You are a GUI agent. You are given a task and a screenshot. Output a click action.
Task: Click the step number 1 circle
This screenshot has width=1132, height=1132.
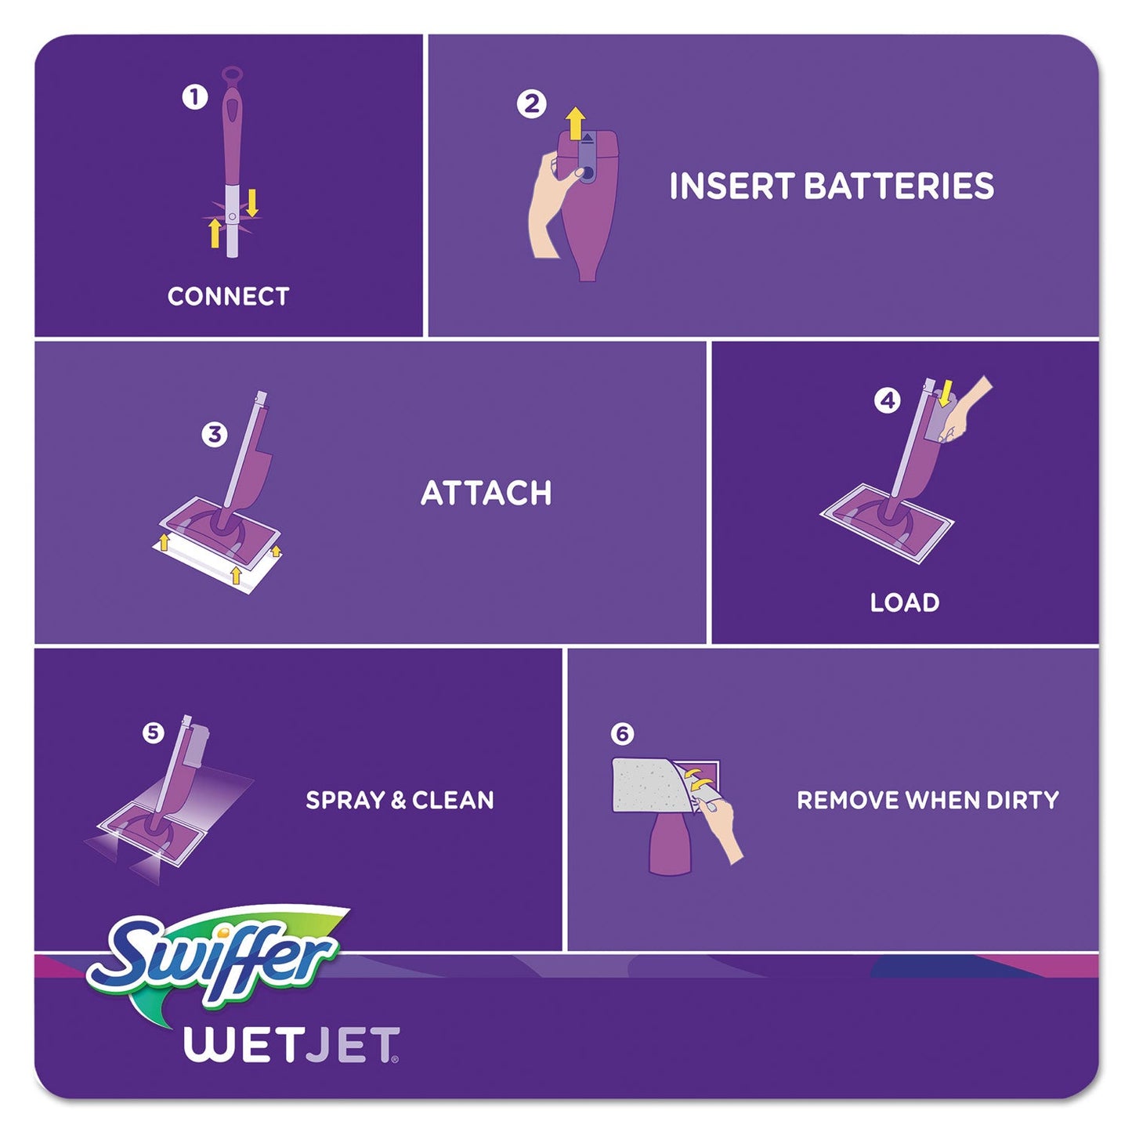[194, 97]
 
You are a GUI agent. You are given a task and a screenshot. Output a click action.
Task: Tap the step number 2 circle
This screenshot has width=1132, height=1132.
[531, 103]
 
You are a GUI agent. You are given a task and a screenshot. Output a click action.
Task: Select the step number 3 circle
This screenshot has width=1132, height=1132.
[214, 434]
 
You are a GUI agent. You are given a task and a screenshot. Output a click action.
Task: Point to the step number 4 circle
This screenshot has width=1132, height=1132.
[887, 400]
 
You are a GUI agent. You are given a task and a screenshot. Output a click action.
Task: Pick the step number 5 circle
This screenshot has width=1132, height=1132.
[153, 732]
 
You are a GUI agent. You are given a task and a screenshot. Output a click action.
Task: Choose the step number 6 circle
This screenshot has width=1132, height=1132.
[621, 734]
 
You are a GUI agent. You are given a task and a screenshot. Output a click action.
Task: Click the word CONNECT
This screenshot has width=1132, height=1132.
[228, 296]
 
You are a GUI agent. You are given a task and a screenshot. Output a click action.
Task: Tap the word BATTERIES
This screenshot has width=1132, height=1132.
[899, 186]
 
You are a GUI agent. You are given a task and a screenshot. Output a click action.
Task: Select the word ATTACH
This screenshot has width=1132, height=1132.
[486, 493]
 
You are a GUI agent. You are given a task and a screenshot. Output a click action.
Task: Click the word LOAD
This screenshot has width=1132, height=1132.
[904, 602]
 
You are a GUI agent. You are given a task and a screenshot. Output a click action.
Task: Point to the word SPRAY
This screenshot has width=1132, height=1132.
[345, 800]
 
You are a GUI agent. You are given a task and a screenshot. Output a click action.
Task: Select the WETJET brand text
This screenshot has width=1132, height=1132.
[291, 1045]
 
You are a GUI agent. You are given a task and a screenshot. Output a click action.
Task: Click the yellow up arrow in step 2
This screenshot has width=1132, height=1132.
[576, 124]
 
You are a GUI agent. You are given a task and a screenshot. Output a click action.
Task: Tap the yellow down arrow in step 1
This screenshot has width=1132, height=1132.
[251, 202]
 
